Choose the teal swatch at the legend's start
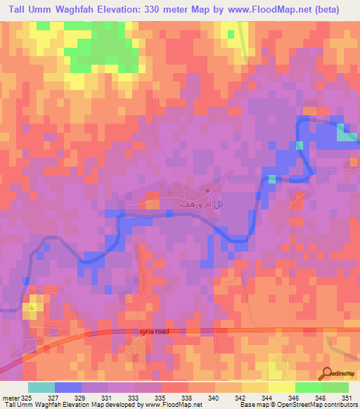[41, 387]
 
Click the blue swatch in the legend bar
[68, 387]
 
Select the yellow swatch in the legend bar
[282, 387]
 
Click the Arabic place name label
[192, 202]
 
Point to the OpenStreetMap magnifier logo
[328, 373]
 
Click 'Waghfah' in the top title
[96, 10]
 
